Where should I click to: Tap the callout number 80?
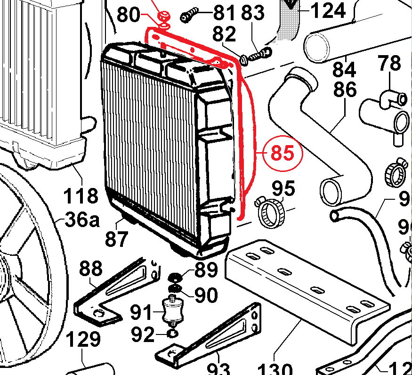click(129, 15)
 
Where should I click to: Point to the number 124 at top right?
click(329, 9)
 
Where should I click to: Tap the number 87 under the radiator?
click(116, 239)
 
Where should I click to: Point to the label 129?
click(83, 339)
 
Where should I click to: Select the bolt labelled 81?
click(189, 16)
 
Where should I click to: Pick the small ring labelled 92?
click(172, 334)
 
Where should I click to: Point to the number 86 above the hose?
click(346, 89)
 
